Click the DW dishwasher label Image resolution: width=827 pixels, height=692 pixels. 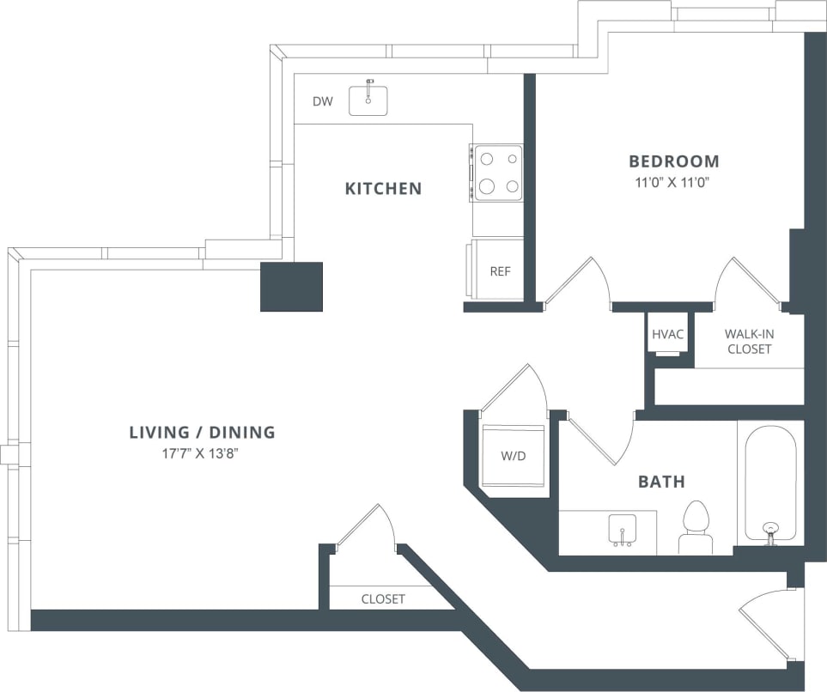pyautogui.click(x=322, y=102)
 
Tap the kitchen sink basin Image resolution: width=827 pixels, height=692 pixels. pyautogui.click(x=368, y=100)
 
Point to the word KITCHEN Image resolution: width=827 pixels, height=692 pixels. pyautogui.click(x=383, y=188)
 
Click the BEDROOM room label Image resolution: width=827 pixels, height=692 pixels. pyautogui.click(x=673, y=161)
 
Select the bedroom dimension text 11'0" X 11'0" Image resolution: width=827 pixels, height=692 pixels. pyautogui.click(x=673, y=182)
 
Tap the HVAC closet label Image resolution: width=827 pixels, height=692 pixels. pyautogui.click(x=667, y=334)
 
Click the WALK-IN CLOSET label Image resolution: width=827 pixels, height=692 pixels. pyautogui.click(x=748, y=341)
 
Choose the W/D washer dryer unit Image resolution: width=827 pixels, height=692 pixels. pyautogui.click(x=514, y=456)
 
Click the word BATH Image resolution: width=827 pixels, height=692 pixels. pyautogui.click(x=661, y=482)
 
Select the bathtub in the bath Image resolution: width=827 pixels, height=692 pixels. pyautogui.click(x=769, y=483)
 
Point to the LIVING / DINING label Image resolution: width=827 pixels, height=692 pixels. pyautogui.click(x=202, y=432)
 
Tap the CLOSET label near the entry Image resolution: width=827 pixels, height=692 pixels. pyautogui.click(x=382, y=599)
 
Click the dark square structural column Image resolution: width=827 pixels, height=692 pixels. pyautogui.click(x=291, y=287)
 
